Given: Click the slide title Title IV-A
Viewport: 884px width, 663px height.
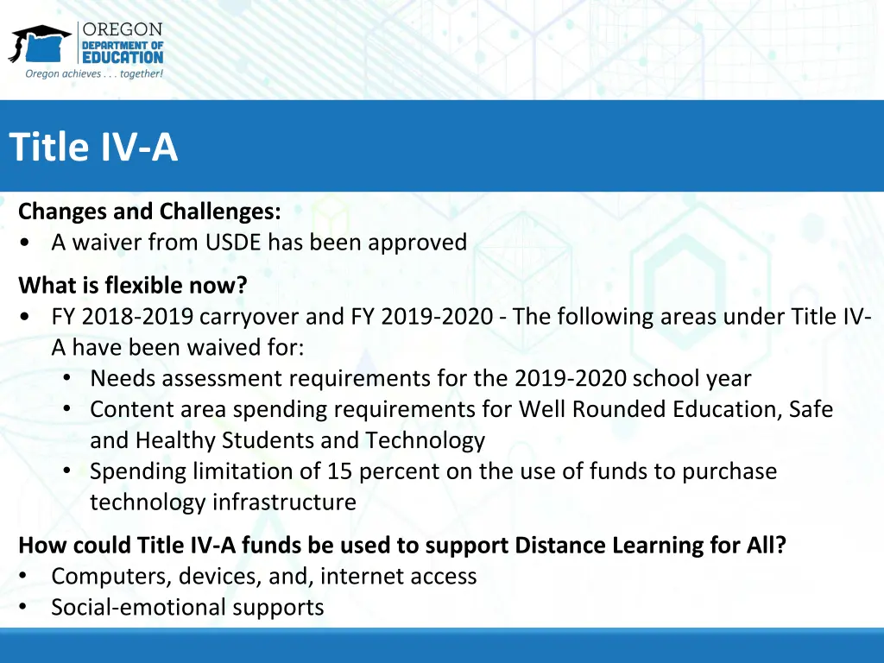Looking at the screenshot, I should (93, 148).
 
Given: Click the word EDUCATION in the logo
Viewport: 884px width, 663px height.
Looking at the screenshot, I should (122, 57).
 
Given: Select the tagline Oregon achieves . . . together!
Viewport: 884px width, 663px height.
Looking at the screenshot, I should (94, 74).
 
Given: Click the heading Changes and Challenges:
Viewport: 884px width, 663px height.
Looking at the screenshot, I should (149, 212).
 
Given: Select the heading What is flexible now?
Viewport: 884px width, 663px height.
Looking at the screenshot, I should (132, 285).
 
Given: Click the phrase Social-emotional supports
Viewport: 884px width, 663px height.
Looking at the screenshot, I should (187, 607).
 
